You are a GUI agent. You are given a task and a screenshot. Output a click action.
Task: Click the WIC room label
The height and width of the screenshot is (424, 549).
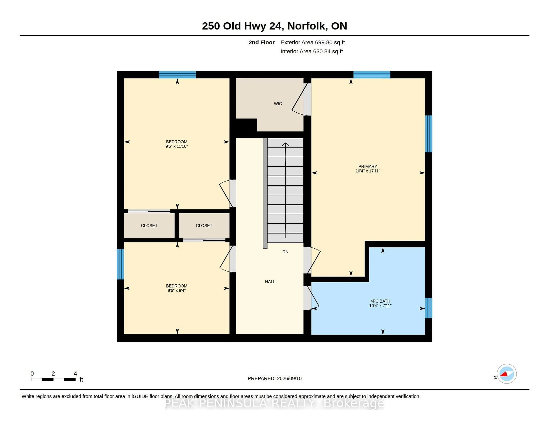278,103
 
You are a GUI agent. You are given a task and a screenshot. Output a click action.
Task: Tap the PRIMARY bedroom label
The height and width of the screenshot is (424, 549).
368,166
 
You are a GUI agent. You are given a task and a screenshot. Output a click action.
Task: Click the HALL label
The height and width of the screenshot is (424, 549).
270,282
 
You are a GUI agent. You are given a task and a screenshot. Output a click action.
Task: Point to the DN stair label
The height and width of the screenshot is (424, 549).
285,252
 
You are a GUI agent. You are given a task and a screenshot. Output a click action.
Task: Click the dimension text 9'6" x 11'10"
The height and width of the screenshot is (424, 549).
176,146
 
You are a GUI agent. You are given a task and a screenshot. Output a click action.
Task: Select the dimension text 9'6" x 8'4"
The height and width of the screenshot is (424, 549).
176,290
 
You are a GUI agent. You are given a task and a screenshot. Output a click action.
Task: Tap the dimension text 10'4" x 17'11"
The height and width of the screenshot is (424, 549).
368,171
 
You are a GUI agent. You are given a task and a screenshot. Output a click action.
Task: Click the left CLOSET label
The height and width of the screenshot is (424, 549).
149,226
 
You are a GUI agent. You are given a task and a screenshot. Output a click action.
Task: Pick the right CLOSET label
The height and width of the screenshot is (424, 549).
204,226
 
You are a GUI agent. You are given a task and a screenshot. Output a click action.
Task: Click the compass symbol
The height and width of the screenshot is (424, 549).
507,374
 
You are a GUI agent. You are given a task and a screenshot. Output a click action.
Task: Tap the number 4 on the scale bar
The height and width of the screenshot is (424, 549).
75,374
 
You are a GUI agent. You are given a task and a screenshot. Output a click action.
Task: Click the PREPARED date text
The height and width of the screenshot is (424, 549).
274,378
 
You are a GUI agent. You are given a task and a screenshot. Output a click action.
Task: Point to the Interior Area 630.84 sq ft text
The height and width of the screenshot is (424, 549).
312,51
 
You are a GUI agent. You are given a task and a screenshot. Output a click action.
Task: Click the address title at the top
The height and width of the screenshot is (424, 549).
274,26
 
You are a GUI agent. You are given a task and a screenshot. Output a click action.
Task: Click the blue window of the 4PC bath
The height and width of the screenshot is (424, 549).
429,308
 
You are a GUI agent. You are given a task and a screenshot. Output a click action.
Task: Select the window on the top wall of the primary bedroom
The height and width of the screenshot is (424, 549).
372,75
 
